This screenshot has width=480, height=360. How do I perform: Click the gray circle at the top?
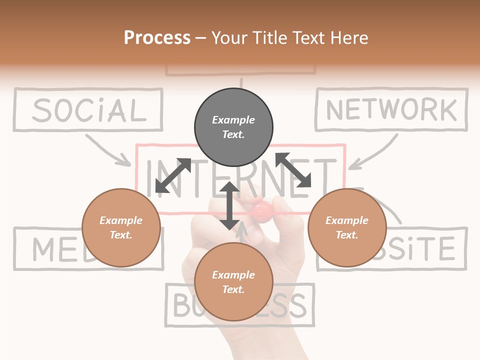click(x=233, y=127)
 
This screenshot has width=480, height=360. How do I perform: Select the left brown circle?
click(x=121, y=227)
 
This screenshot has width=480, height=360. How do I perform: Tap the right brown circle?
click(x=347, y=227)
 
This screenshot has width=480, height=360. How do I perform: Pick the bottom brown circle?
click(x=233, y=282)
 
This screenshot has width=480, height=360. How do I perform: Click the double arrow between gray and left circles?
click(x=173, y=175)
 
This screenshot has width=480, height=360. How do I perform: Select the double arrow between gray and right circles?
click(x=293, y=170)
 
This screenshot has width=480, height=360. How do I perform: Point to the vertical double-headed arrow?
click(x=229, y=205)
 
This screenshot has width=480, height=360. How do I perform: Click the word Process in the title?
click(x=157, y=37)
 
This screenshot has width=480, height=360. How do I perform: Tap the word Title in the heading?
click(x=271, y=37)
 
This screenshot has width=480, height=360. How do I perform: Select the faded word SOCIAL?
click(x=89, y=110)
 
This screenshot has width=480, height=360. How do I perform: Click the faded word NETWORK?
click(x=391, y=110)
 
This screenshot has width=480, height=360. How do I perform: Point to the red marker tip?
click(x=261, y=211)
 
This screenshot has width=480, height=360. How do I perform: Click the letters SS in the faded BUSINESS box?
click(x=290, y=305)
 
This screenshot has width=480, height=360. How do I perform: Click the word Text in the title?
click(x=308, y=37)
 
